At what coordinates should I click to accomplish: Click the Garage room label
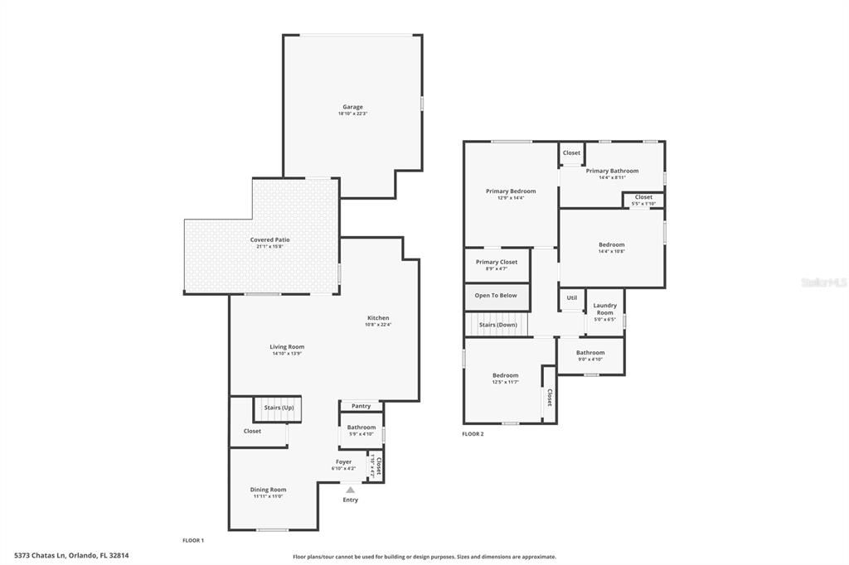352,107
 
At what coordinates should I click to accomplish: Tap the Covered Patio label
270,239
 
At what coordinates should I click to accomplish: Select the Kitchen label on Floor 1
378,318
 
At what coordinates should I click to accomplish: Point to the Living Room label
287,346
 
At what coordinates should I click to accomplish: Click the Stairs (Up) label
279,408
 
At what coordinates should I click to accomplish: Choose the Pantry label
361,406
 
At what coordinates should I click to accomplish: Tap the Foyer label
343,461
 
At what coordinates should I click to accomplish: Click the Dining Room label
268,490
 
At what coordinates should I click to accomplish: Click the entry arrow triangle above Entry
351,490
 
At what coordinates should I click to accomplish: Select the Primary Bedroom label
511,191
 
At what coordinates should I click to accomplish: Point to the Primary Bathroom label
612,171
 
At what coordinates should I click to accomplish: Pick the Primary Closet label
497,262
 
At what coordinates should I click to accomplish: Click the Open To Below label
496,296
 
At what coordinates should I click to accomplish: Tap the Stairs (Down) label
498,325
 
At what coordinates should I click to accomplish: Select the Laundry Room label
605,309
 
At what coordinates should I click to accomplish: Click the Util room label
572,298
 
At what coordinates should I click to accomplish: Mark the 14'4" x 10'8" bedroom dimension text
612,251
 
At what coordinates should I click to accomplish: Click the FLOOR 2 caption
473,434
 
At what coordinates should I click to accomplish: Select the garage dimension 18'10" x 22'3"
352,113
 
